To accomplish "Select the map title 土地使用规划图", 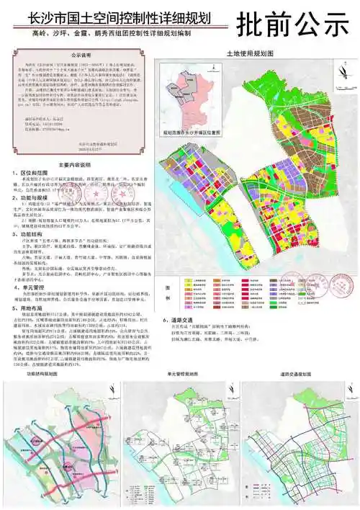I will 247,53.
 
